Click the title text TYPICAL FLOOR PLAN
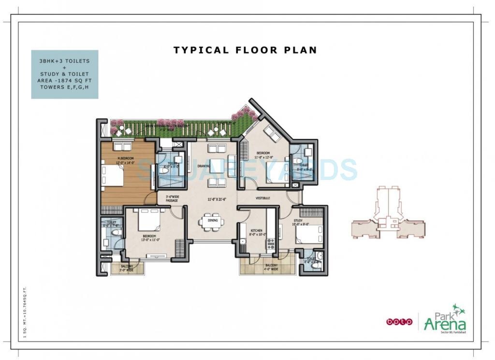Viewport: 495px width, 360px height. pyautogui.click(x=245, y=50)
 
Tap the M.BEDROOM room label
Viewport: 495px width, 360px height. pyautogui.click(x=126, y=158)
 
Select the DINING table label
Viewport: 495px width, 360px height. pyautogui.click(x=213, y=221)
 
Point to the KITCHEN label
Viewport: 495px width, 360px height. pyautogui.click(x=256, y=231)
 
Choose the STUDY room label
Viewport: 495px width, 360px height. pyautogui.click(x=298, y=221)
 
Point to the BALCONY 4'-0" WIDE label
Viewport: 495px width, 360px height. pyautogui.click(x=271, y=267)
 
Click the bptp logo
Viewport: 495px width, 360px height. pyautogui.click(x=399, y=321)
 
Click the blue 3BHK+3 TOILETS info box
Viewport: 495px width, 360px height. pyautogui.click(x=65, y=74)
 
